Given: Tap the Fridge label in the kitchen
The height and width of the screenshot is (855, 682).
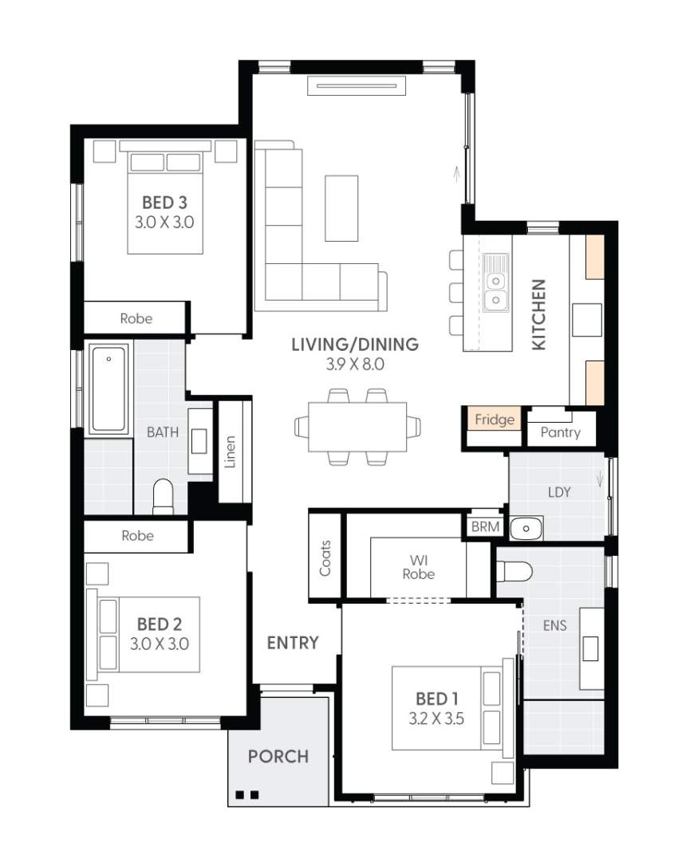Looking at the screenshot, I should pyautogui.click(x=494, y=420).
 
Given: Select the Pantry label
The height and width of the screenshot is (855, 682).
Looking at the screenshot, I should pyautogui.click(x=560, y=433).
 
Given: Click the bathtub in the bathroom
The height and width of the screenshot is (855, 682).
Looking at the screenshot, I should pyautogui.click(x=108, y=389).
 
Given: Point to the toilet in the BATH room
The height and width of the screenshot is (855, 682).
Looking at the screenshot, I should pyautogui.click(x=163, y=496).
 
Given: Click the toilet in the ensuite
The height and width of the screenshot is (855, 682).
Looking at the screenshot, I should pyautogui.click(x=514, y=572).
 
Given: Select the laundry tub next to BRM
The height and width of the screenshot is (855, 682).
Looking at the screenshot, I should pyautogui.click(x=526, y=528).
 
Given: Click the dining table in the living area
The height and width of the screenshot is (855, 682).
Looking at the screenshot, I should pyautogui.click(x=357, y=427).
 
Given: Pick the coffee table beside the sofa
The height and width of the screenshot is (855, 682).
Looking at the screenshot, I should pyautogui.click(x=341, y=208).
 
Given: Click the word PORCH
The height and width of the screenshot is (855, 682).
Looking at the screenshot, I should pyautogui.click(x=278, y=756).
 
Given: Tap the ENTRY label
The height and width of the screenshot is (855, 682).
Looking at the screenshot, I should pyautogui.click(x=293, y=643).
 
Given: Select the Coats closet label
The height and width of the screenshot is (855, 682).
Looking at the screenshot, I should pyautogui.click(x=325, y=558).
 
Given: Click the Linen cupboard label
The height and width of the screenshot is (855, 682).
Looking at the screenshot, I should pyautogui.click(x=231, y=451).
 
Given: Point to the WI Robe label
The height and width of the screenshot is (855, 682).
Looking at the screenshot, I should pyautogui.click(x=418, y=566).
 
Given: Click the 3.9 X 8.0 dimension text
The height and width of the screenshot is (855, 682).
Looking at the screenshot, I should pyautogui.click(x=354, y=365).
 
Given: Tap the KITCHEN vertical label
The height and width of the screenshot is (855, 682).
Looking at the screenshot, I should pyautogui.click(x=539, y=314).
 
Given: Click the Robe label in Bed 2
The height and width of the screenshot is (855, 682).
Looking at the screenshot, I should pyautogui.click(x=137, y=536).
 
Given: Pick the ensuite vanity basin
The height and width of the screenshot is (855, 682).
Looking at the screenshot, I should pyautogui.click(x=590, y=648).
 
